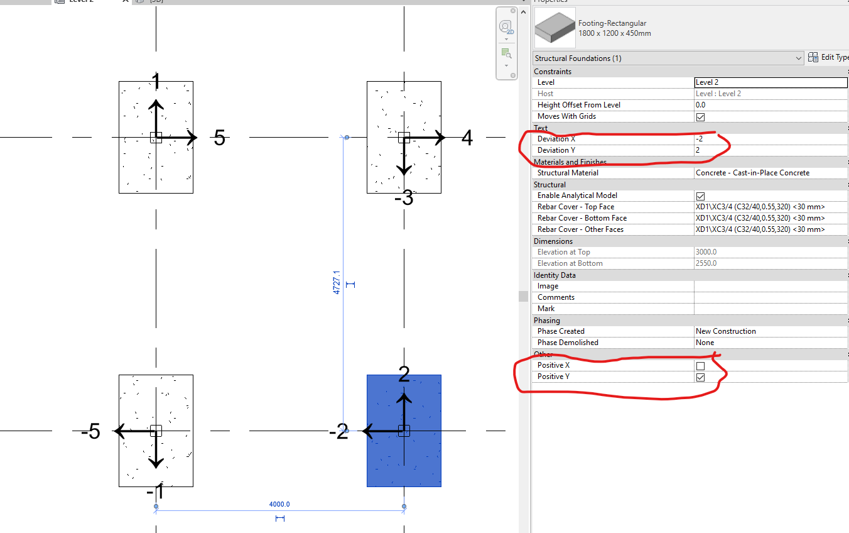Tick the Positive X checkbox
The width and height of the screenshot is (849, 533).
pos(700,366)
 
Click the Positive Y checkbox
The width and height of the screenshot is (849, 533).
pos(700,377)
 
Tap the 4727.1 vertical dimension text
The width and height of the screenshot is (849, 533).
pos(337,283)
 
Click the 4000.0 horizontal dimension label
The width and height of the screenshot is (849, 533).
pos(279,504)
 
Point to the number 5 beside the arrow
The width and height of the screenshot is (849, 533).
pos(219,138)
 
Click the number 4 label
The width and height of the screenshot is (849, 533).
pos(467,138)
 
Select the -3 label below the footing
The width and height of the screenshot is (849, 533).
pos(404,199)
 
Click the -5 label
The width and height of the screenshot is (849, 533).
pos(90,432)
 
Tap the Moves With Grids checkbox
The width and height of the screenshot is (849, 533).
pos(700,117)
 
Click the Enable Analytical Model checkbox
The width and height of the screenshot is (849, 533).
pos(700,196)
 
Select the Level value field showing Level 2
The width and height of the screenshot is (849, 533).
pos(771,82)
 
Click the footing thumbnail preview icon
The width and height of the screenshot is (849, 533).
pos(554,28)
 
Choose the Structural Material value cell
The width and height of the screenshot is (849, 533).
pos(771,173)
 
